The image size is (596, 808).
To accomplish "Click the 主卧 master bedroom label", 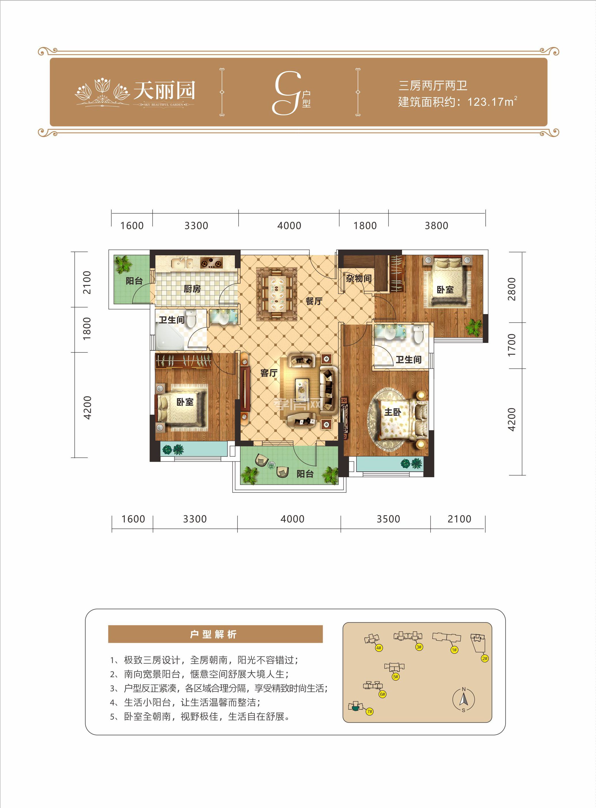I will tap(392, 412).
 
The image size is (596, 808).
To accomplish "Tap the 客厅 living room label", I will tap(269, 373).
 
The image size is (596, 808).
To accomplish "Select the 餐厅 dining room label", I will tap(314, 301).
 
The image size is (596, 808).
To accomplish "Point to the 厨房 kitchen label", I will tap(192, 288).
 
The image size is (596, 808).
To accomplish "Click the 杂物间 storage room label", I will tap(358, 278).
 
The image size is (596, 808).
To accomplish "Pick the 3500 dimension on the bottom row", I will tap(388, 519).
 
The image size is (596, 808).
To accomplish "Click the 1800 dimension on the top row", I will tap(365, 226).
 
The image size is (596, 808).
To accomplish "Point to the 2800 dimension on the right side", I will tap(511, 289).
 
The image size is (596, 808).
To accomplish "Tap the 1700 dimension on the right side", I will tap(511, 345).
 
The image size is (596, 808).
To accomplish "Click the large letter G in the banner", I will tap(287, 93).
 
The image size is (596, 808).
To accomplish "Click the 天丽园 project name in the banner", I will tap(165, 90).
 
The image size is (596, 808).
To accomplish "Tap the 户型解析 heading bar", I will tap(215, 634).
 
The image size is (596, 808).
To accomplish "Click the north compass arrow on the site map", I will tap(464, 700).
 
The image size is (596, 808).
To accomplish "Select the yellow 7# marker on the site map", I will tap(369, 711).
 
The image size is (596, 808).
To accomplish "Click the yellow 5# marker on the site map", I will tap(395, 676).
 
